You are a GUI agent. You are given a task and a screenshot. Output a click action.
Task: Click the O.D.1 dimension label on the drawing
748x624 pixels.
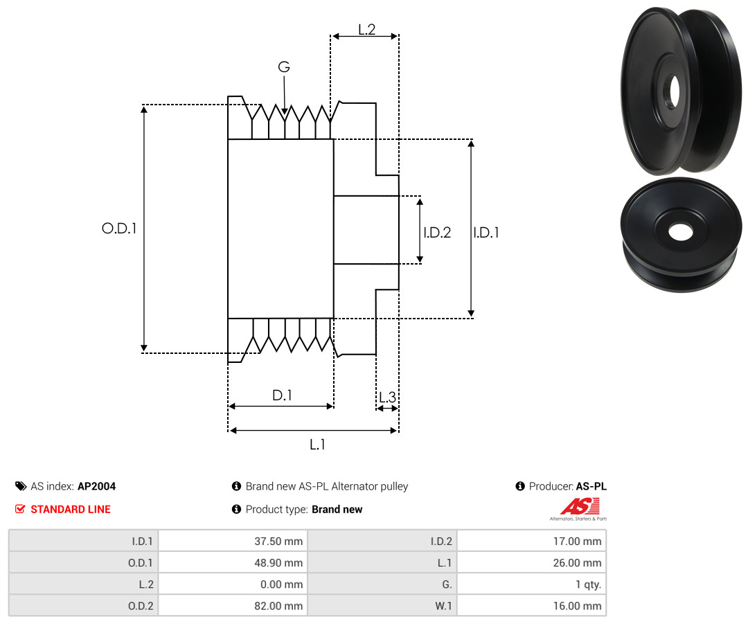[119, 229]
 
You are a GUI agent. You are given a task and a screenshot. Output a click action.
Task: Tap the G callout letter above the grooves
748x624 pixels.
[284, 66]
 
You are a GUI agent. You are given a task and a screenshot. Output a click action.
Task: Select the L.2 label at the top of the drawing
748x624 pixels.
[367, 30]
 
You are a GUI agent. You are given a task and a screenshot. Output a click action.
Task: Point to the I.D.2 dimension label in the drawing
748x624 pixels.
[437, 232]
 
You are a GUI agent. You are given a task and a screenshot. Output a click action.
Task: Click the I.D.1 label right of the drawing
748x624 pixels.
[486, 232]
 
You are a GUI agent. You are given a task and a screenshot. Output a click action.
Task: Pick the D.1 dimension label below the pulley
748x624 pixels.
[282, 395]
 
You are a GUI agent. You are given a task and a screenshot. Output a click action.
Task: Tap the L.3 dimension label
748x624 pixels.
[387, 397]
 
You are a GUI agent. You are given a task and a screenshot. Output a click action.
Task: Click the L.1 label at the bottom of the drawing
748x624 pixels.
[317, 445]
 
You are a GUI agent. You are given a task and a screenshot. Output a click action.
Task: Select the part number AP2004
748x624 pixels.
[97, 486]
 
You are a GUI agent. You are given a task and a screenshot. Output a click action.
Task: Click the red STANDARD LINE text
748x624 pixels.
[71, 510]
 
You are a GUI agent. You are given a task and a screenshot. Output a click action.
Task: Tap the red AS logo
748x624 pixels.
[580, 507]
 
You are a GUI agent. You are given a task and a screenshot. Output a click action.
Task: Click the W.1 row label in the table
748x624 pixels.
[443, 606]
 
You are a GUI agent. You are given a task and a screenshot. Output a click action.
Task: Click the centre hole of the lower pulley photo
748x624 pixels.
[681, 232]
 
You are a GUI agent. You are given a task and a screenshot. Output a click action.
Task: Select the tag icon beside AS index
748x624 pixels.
[21, 486]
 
